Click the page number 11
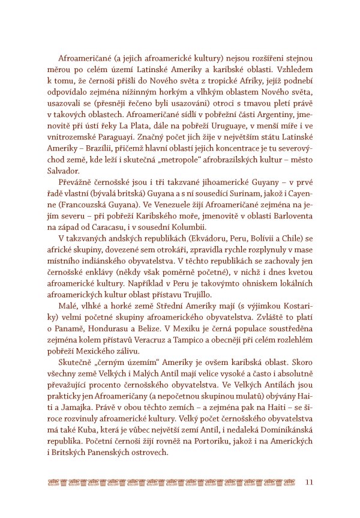click(x=310, y=482)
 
